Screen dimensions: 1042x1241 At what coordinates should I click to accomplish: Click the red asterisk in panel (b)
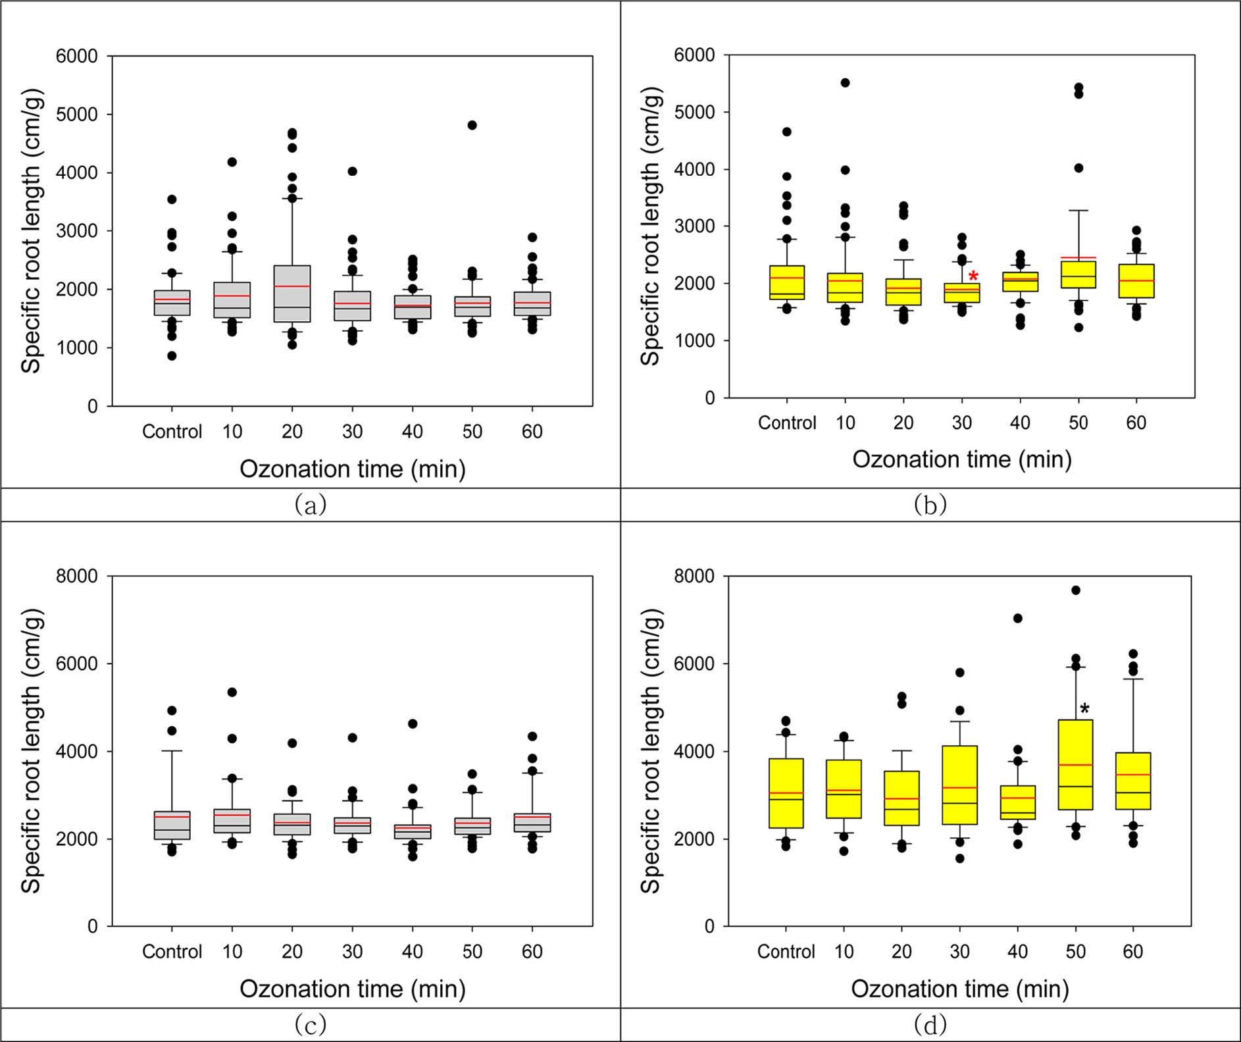(973, 276)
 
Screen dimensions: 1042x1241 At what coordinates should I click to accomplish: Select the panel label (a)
(310, 504)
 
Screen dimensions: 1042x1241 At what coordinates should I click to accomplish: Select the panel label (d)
(930, 1024)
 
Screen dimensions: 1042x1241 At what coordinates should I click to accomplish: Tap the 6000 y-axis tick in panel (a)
(76, 57)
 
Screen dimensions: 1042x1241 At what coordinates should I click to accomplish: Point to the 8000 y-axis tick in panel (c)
(76, 577)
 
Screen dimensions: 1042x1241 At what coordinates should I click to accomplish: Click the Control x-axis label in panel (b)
(786, 423)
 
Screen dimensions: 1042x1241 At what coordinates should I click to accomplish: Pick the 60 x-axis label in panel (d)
(1132, 951)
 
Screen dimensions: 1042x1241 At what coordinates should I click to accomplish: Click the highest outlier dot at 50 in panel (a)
(472, 125)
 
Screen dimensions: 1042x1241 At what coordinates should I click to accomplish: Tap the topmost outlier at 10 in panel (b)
(845, 83)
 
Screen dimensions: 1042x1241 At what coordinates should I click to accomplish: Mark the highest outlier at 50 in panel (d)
(1075, 590)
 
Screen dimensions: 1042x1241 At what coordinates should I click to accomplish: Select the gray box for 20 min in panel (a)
(292, 294)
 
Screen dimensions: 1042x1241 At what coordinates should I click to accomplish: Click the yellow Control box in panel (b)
(787, 282)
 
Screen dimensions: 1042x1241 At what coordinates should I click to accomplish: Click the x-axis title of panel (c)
(352, 989)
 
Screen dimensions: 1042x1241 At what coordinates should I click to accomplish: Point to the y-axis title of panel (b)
(650, 226)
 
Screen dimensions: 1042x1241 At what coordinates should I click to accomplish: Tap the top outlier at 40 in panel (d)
(1017, 618)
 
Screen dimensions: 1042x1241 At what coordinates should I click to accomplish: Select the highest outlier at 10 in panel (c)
(232, 692)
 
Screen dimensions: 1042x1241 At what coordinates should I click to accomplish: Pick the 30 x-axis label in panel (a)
(352, 432)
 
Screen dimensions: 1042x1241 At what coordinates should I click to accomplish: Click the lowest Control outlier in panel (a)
(172, 356)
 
